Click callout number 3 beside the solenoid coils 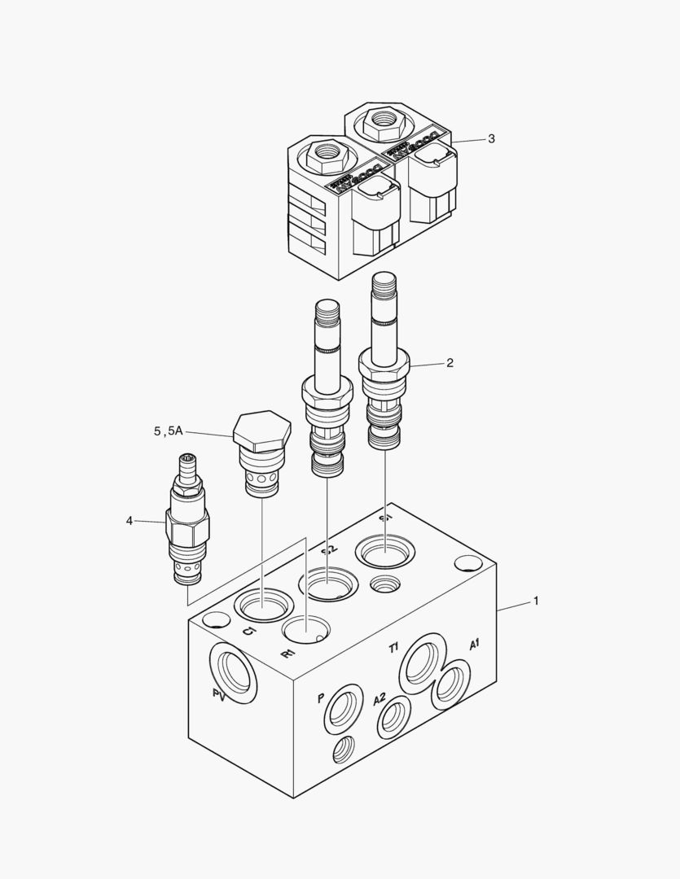click(491, 138)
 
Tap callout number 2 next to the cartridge click(450, 363)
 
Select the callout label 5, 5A click(169, 431)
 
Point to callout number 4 click(129, 520)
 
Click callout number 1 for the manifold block click(535, 601)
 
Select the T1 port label click(393, 648)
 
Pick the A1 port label click(474, 645)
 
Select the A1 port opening click(450, 689)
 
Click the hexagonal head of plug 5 click(261, 431)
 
